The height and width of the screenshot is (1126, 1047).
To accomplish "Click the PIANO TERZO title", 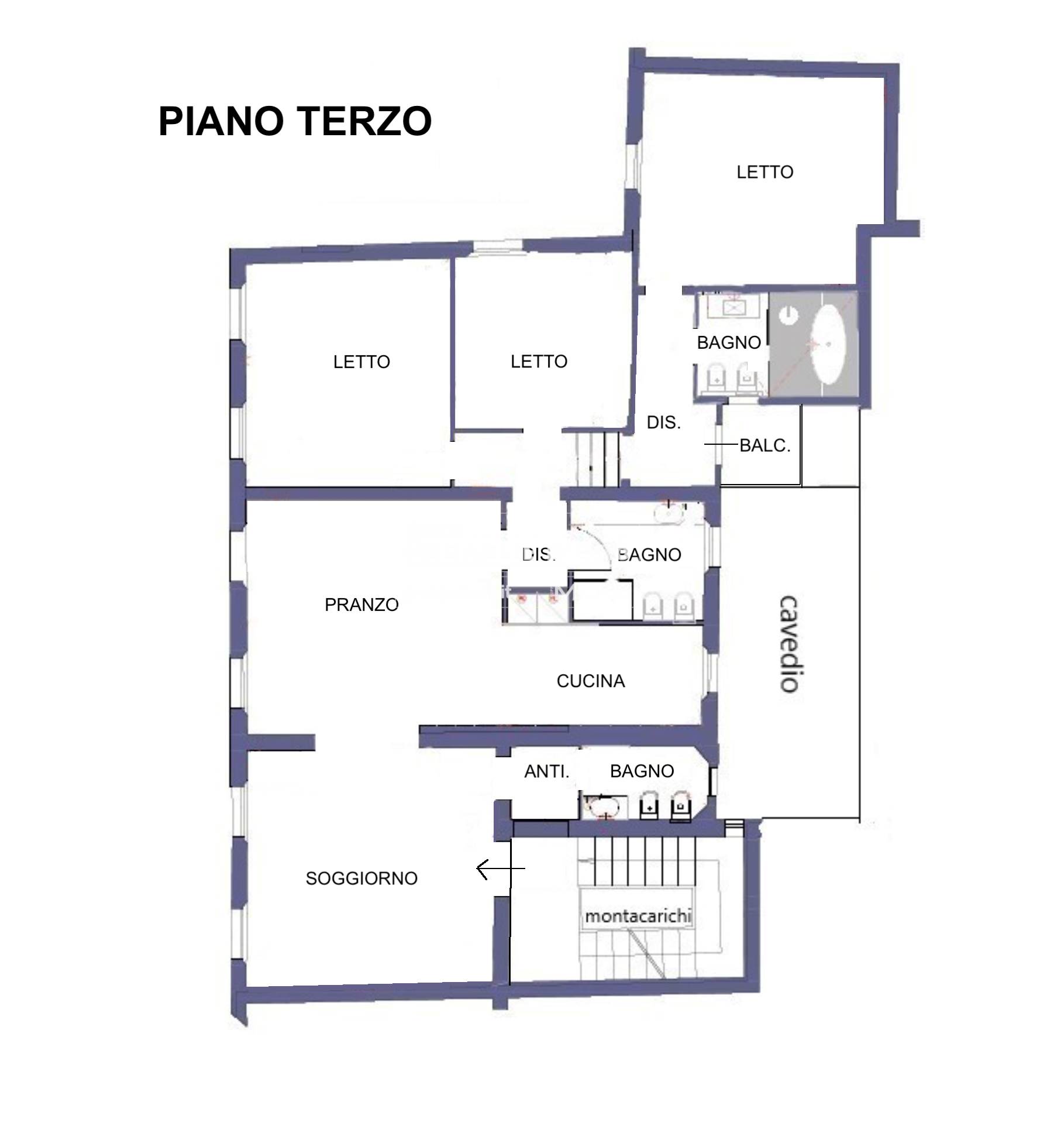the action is click(295, 121).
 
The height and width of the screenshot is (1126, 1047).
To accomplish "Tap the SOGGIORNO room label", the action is click(361, 878).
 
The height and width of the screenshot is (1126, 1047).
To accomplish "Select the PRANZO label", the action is click(361, 605).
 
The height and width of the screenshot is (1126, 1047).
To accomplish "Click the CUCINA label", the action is click(591, 681).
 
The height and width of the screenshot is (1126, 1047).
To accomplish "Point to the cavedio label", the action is click(790, 644).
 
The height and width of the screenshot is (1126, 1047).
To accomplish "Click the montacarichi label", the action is click(638, 916).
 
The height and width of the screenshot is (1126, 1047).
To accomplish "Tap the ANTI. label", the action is click(546, 772).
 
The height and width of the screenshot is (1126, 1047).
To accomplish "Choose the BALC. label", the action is click(765, 445).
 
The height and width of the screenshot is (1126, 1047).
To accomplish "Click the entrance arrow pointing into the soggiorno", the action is click(501, 869).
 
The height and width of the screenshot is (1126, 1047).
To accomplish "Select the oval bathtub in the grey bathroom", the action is click(829, 345).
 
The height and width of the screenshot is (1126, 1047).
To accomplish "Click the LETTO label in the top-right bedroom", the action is click(764, 172).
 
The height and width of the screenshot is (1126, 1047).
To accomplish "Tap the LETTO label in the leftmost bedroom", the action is click(361, 362).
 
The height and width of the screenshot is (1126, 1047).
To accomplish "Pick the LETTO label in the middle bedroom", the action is click(539, 362).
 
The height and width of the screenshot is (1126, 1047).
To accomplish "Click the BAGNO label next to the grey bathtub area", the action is click(729, 342).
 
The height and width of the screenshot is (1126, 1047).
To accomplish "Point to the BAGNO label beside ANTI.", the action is click(642, 771).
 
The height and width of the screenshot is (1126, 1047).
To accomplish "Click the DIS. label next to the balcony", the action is click(664, 423).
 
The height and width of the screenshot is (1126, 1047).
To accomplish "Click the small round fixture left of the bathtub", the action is click(790, 315).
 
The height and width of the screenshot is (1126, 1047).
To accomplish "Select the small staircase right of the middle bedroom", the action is click(598, 459).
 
